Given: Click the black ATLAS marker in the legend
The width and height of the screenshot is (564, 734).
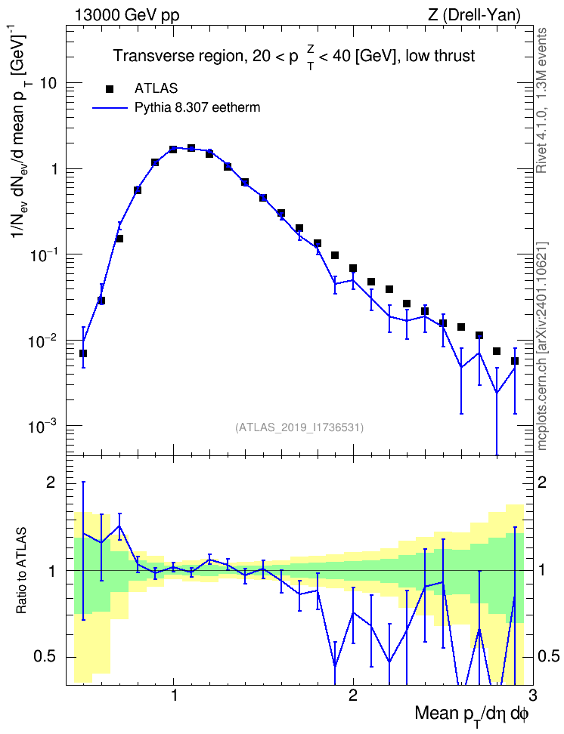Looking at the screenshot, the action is pyautogui.click(x=110, y=88).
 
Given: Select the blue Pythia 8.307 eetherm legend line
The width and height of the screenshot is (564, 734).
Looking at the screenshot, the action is pyautogui.click(x=110, y=108).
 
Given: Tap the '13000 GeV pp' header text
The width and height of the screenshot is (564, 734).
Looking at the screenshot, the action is pyautogui.click(x=126, y=15).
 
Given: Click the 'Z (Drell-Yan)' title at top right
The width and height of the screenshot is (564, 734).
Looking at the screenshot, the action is pyautogui.click(x=474, y=15).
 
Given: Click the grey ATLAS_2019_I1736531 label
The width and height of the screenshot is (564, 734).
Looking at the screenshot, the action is pyautogui.click(x=299, y=427).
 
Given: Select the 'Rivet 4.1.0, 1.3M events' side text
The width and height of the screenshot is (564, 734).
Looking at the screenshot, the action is pyautogui.click(x=541, y=100).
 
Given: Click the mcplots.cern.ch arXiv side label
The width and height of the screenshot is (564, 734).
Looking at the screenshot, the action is pyautogui.click(x=542, y=347).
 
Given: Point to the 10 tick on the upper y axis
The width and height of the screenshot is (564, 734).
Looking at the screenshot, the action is pyautogui.click(x=48, y=83).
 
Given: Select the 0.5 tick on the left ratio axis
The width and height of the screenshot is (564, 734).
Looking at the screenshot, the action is pyautogui.click(x=45, y=657).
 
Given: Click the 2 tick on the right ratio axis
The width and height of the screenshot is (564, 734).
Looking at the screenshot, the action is pyautogui.click(x=542, y=483).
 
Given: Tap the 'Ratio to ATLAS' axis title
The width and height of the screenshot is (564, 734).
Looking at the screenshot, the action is pyautogui.click(x=21, y=571).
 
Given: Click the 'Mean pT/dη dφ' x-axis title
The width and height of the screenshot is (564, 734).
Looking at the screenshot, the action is pyautogui.click(x=472, y=714).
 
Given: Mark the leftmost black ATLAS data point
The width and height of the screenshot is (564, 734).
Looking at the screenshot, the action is pyautogui.click(x=83, y=353).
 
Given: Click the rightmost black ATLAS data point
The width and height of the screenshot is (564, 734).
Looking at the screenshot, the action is pyautogui.click(x=515, y=361).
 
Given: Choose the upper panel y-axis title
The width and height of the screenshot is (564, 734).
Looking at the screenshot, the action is pyautogui.click(x=21, y=136).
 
